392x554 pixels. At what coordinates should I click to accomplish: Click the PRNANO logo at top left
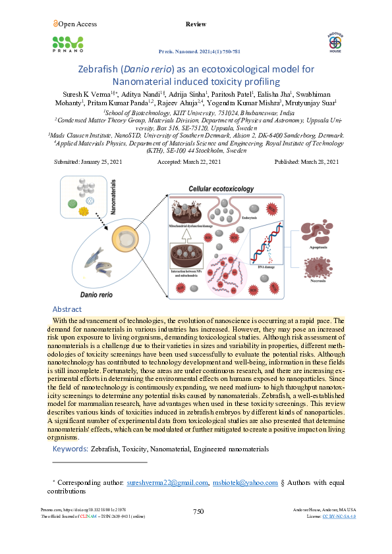(68, 43)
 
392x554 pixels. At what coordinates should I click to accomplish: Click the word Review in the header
(196, 24)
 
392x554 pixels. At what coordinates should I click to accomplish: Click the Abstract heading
(67, 309)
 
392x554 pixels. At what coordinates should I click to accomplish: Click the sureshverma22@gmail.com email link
(167, 482)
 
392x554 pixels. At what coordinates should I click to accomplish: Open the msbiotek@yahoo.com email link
(244, 482)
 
